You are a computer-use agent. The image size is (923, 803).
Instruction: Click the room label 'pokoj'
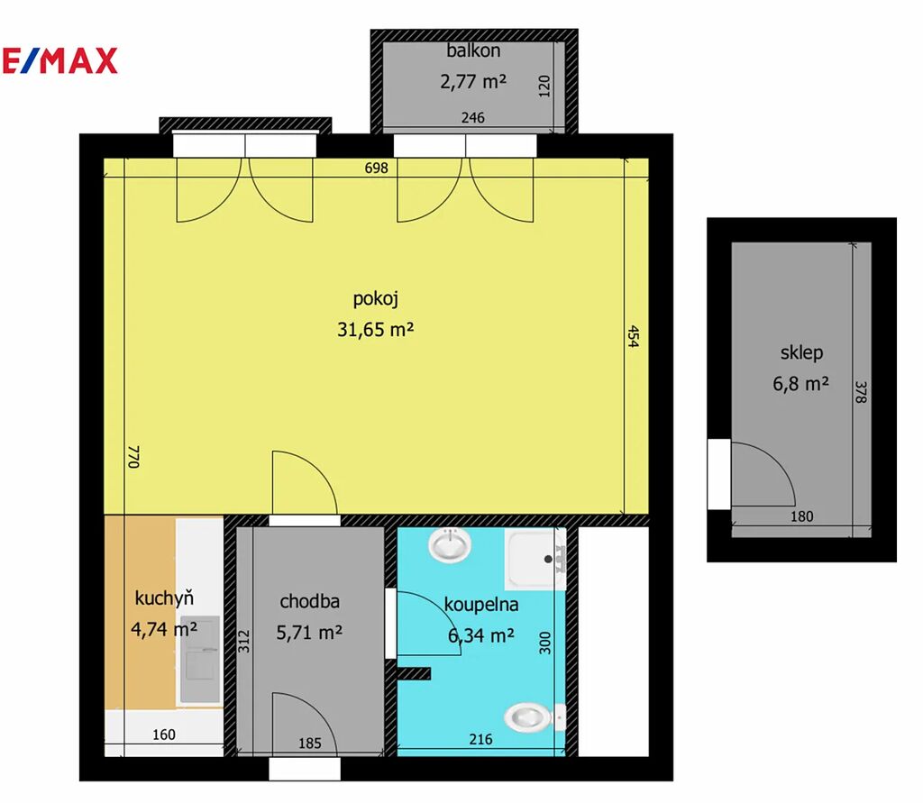(x=376, y=299)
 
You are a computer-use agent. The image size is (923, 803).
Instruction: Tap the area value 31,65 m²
(x=376, y=329)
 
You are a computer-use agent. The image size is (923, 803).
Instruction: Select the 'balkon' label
(x=473, y=50)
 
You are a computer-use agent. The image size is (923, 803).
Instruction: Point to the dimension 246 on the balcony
(x=472, y=118)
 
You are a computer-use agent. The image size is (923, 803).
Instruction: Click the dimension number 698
(x=376, y=168)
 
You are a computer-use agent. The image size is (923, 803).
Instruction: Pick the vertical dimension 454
(x=633, y=336)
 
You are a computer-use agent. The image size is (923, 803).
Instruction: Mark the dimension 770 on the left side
(x=133, y=457)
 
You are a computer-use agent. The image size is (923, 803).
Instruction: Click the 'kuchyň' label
(x=164, y=598)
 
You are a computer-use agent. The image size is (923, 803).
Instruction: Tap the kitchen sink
(x=199, y=660)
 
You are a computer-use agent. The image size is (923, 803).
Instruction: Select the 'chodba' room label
(x=310, y=601)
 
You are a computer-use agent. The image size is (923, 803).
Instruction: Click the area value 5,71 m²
(x=310, y=633)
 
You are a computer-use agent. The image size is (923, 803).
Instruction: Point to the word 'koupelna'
(x=481, y=605)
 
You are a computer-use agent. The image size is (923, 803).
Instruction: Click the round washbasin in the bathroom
(x=450, y=544)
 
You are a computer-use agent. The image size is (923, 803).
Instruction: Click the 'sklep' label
(x=801, y=352)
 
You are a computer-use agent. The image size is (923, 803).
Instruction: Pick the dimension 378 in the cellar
(x=861, y=392)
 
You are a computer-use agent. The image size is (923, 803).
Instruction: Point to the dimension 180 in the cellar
(x=801, y=516)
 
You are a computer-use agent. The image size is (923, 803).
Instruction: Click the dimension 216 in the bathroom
(x=481, y=739)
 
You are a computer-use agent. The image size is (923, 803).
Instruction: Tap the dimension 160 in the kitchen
(x=164, y=735)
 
